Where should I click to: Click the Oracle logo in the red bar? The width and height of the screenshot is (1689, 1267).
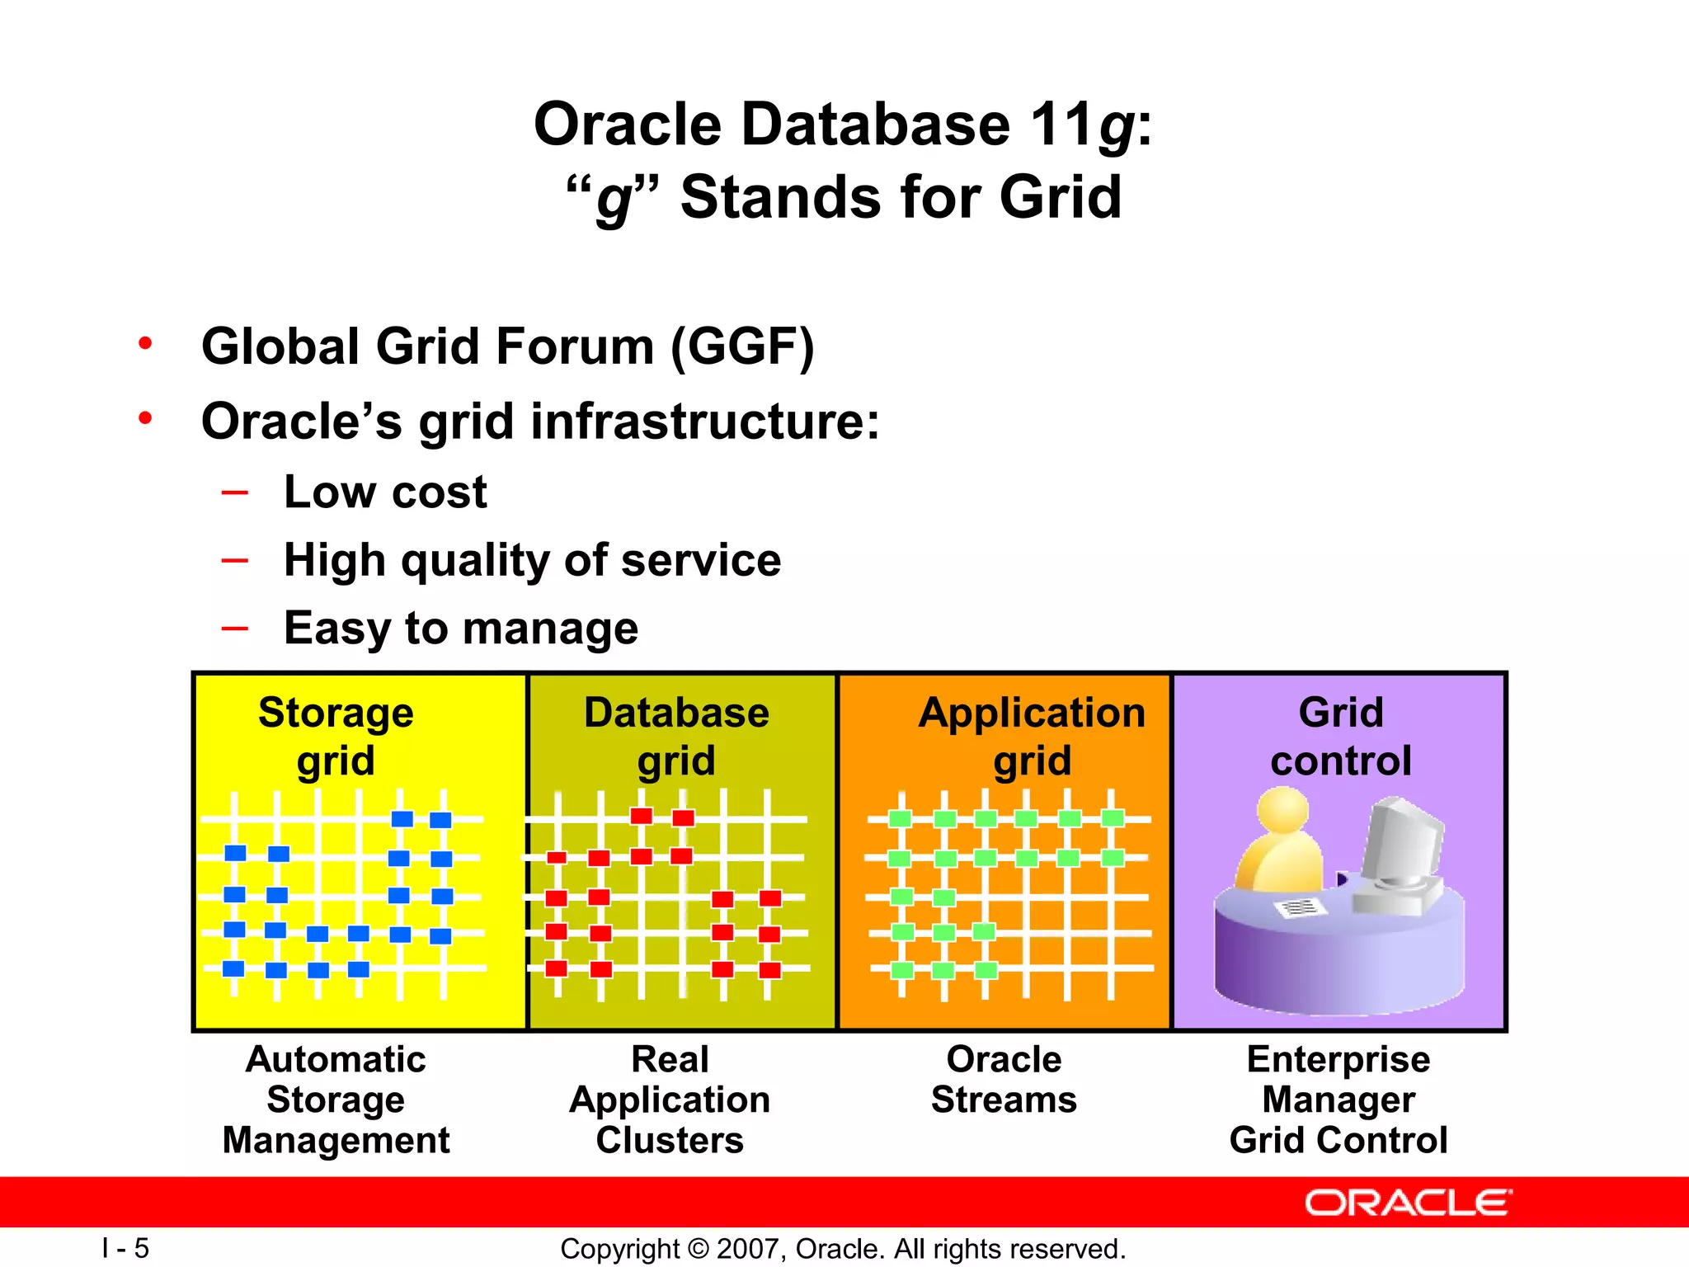[x=1408, y=1203]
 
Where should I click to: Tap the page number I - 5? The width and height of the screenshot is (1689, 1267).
[x=125, y=1248]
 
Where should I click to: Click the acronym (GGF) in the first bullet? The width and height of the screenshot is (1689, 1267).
[x=742, y=346]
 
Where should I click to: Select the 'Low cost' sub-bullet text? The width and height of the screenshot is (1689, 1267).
[x=385, y=492]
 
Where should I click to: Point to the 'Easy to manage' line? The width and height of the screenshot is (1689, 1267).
[x=460, y=629]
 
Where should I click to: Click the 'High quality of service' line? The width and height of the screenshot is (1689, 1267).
[x=532, y=561]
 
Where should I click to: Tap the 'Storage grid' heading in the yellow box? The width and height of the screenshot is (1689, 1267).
[x=336, y=736]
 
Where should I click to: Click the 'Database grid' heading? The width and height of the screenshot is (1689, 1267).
[x=676, y=736]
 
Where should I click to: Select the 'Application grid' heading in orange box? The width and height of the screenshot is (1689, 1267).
[x=1032, y=736]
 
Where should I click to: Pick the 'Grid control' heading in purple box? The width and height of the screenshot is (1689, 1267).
[x=1341, y=736]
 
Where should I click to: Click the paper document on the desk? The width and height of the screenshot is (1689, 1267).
[x=1301, y=908]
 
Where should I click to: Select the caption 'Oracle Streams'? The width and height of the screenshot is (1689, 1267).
[x=1004, y=1080]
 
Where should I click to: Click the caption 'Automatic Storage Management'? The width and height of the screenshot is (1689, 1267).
[x=336, y=1100]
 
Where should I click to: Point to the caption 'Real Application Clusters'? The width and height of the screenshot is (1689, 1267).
[x=670, y=1100]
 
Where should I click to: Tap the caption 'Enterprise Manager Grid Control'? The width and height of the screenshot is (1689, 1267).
[x=1338, y=1100]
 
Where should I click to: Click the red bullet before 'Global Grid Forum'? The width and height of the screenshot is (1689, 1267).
[x=146, y=343]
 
